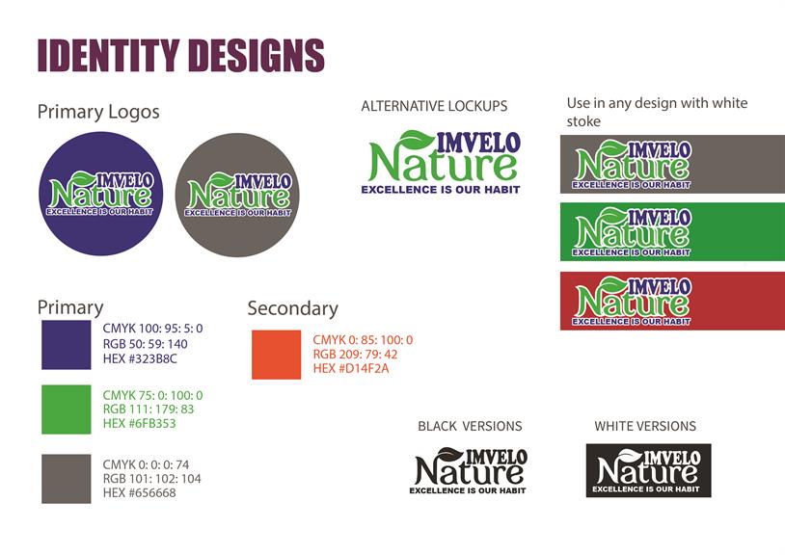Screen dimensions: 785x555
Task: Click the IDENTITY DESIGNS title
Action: tap(180, 55)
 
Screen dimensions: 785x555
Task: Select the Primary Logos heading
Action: tap(98, 112)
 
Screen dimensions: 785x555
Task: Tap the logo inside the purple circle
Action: tap(100, 194)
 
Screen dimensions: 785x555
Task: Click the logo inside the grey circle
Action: tap(238, 195)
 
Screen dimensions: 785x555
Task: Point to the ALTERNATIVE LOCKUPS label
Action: tap(434, 106)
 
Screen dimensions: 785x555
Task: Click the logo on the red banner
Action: tap(633, 301)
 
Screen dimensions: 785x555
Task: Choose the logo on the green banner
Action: tap(633, 232)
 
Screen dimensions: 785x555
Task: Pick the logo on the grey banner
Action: tap(633, 164)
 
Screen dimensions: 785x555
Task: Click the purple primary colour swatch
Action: tap(67, 345)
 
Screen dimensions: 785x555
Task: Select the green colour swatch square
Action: tap(67, 410)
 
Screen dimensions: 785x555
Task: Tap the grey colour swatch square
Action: tap(67, 479)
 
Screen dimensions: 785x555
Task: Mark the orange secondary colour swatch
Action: tap(277, 355)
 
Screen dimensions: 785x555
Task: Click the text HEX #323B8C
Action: tap(140, 358)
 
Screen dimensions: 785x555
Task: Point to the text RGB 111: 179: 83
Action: tap(149, 409)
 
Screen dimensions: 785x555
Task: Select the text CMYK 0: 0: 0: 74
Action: tap(146, 464)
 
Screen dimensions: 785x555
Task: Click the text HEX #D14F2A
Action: tap(351, 368)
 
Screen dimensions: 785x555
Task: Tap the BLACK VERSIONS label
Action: tap(470, 426)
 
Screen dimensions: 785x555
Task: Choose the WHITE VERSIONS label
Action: tap(645, 426)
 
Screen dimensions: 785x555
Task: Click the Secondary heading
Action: tap(293, 308)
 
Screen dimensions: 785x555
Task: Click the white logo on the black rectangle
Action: tap(648, 470)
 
